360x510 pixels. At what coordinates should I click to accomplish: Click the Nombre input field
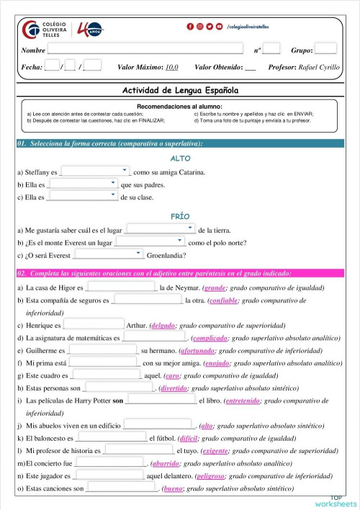point(150,50)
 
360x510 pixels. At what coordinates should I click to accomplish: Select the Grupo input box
point(325,49)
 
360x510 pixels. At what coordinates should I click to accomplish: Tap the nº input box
point(271,49)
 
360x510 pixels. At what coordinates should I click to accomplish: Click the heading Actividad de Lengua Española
point(180,91)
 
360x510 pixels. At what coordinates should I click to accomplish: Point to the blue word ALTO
point(180,158)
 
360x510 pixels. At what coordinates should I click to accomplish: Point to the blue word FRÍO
point(180,216)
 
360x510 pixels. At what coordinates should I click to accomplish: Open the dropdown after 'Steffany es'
point(94,171)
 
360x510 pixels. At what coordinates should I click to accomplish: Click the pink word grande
point(215,287)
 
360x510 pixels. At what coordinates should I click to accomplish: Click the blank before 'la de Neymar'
point(120,287)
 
